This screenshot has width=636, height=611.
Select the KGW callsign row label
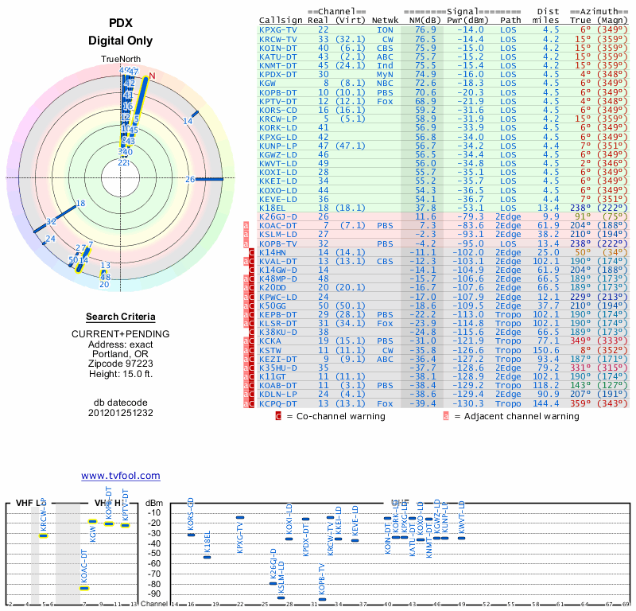[x=268, y=83]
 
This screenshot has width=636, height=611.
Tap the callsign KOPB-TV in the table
[x=278, y=243]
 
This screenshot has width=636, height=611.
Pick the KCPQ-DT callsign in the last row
[x=278, y=404]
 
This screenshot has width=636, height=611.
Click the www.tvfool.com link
[x=120, y=476]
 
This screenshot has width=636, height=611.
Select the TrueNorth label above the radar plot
[x=120, y=60]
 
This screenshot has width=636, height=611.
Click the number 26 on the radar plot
[x=190, y=179]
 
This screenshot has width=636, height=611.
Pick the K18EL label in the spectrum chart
[x=207, y=542]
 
